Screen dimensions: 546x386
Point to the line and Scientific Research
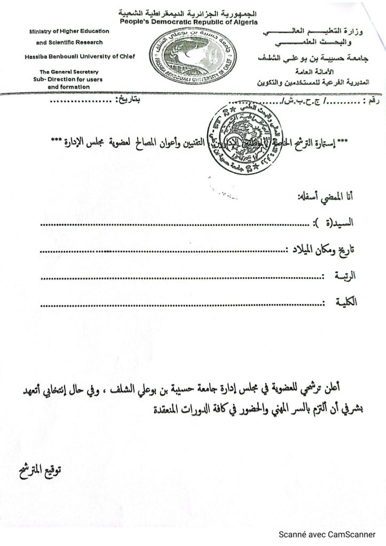(x=69, y=43)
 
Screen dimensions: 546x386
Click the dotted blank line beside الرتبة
(x=182, y=278)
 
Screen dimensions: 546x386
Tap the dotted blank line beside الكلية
(x=182, y=305)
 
